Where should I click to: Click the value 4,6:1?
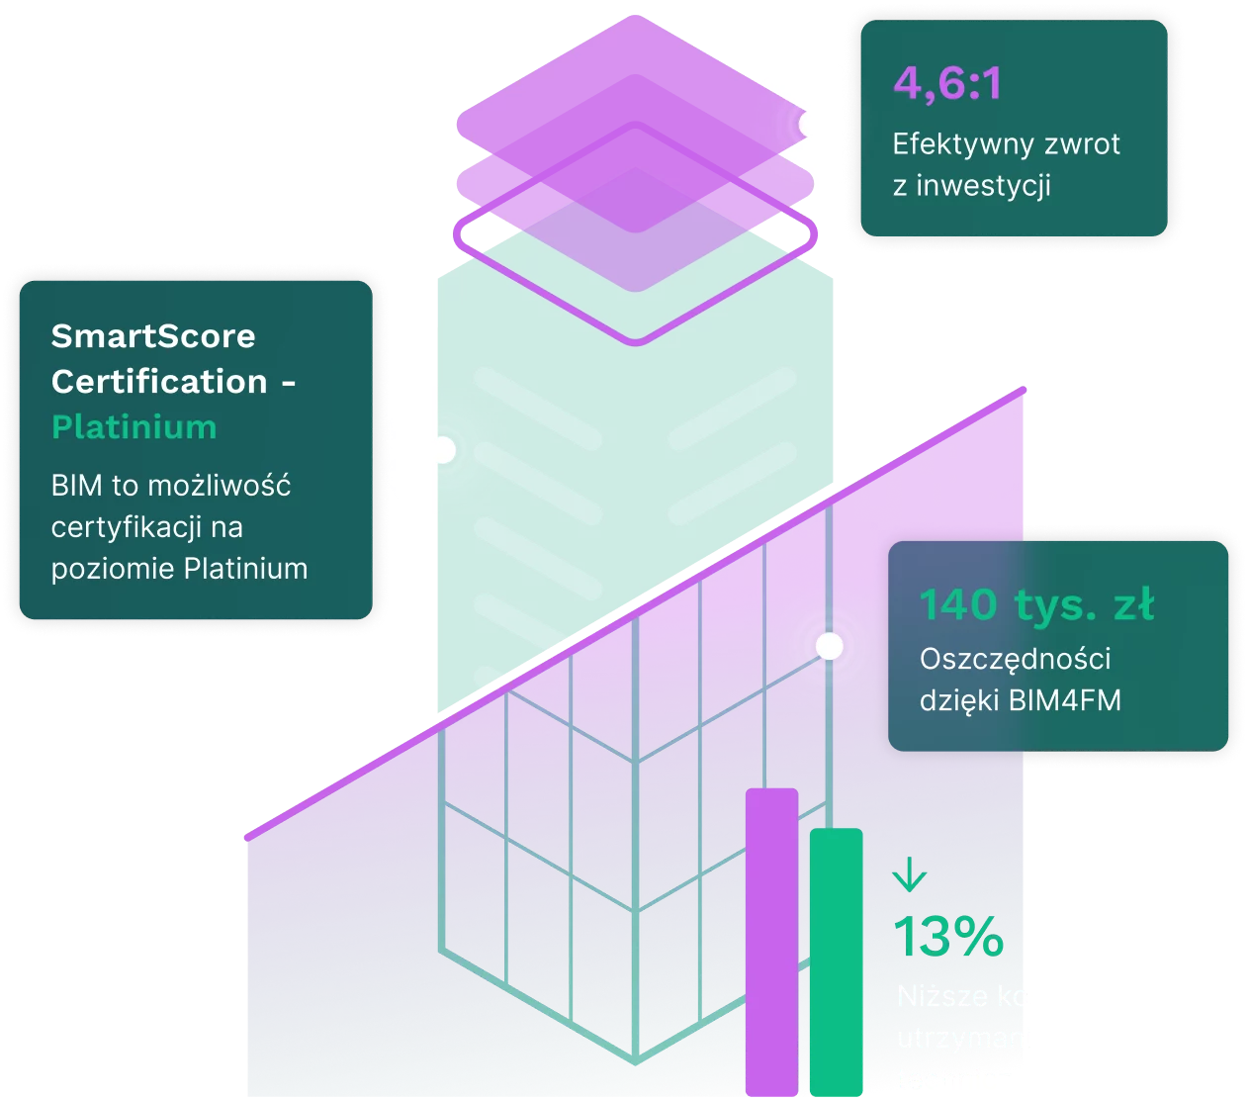tap(947, 83)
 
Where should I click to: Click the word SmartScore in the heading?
tap(153, 336)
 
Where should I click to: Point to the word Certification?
tap(159, 382)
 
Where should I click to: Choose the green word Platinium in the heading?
tap(134, 427)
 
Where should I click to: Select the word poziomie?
tap(114, 569)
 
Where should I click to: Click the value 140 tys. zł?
tap(1036, 604)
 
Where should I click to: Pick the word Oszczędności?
tap(1015, 659)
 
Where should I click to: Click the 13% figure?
tap(948, 936)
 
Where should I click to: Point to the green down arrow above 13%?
tap(909, 875)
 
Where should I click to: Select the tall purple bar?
tap(771, 940)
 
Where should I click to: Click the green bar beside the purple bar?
tap(836, 960)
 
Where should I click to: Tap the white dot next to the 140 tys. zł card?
tap(829, 646)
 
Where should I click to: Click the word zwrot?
tap(1083, 145)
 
